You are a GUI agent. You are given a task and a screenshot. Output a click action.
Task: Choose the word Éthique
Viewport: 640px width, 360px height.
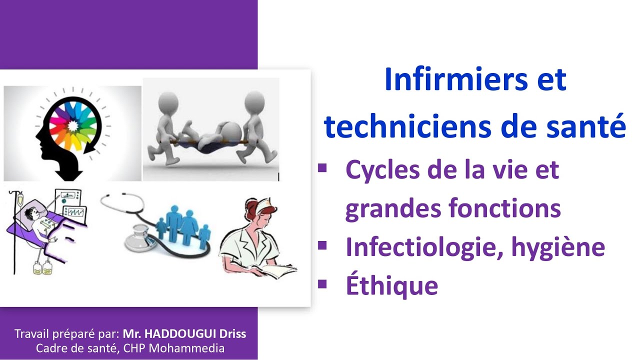pos(391,285)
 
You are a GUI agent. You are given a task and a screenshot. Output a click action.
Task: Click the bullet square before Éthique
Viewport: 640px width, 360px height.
pos(322,283)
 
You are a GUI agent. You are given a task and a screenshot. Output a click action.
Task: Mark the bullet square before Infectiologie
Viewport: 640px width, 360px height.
pos(322,245)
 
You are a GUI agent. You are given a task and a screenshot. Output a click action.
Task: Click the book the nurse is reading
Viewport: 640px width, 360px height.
pos(270,270)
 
